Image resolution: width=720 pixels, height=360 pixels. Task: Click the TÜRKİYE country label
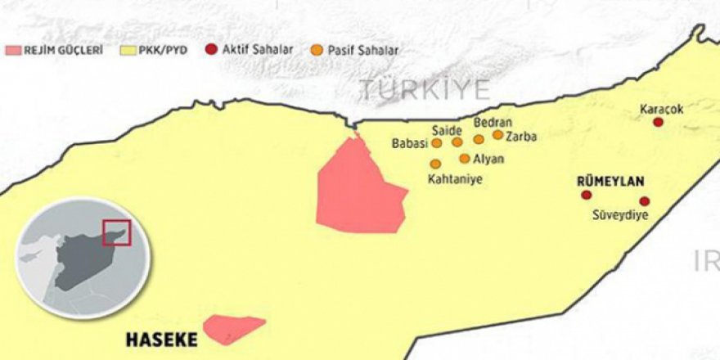(x=426, y=90)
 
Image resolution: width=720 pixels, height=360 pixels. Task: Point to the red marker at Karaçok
(x=658, y=122)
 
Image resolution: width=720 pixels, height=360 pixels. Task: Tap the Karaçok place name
(x=662, y=108)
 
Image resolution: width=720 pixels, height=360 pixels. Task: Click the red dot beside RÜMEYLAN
(x=586, y=195)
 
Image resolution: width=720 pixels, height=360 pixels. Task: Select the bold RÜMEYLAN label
(x=610, y=181)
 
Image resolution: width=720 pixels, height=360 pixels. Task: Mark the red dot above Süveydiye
(x=645, y=201)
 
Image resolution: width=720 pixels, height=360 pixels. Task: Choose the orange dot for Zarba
(x=497, y=135)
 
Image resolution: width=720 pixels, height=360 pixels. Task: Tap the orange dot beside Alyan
(x=465, y=159)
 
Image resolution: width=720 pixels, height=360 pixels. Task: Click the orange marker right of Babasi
(x=436, y=142)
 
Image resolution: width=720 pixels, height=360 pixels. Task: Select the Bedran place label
(x=493, y=123)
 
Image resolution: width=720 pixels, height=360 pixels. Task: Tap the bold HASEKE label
(x=161, y=338)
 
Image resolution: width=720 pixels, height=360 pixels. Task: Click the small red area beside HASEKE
(x=232, y=327)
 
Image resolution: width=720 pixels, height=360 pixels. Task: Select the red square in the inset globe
(x=115, y=232)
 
